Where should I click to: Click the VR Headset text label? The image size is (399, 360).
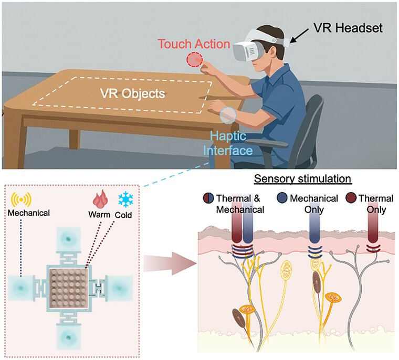pos(348,28)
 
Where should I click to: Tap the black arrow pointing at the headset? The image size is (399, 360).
pos(300,35)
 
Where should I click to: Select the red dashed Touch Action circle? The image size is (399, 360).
pos(194,59)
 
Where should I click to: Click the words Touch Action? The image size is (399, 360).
pos(194,44)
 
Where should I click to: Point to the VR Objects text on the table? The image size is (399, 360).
pos(133,93)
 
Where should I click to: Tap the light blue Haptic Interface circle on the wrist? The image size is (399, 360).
pos(228,115)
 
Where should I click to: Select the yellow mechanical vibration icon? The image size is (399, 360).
pos(22,199)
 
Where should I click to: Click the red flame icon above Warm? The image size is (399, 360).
pos(100,199)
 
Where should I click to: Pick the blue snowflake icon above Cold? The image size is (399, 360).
pos(125,200)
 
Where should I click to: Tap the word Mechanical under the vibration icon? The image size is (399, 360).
pos(29,213)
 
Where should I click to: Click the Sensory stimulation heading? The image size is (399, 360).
pos(302,178)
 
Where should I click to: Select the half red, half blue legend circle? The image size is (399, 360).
pos(208,198)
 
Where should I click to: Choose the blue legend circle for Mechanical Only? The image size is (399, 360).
pos(282,198)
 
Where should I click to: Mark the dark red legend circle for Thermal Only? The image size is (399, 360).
pos(351,198)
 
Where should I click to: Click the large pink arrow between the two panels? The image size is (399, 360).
pos(170,263)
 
